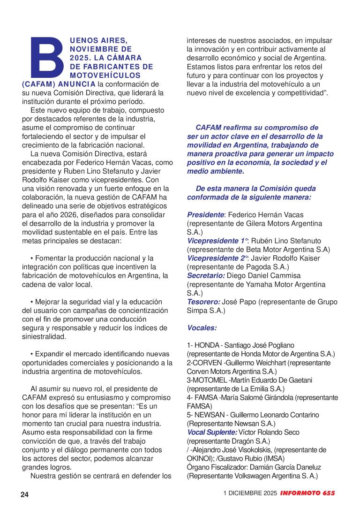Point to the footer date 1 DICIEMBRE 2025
pos(250,494)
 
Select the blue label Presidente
pos(205,214)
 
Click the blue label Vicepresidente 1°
pos(217,241)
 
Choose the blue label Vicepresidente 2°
pos(217,258)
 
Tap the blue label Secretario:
pos(206,275)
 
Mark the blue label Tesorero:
pos(203,302)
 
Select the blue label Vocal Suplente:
pos(212,432)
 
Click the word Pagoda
pos(247,267)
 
